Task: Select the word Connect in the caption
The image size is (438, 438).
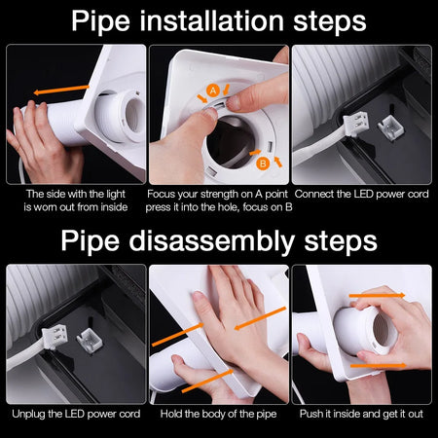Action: pyautogui.click(x=313, y=194)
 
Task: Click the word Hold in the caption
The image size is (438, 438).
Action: pyautogui.click(x=171, y=414)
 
